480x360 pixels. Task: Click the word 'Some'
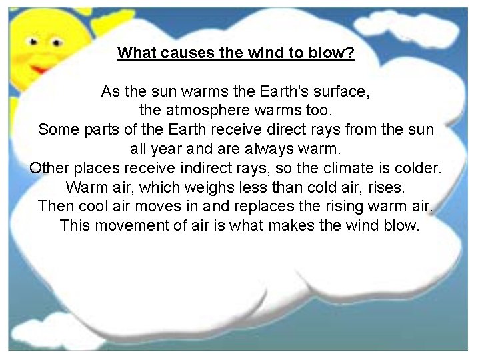pyautogui.click(x=58, y=129)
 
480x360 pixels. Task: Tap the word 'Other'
pyautogui.click(x=50, y=167)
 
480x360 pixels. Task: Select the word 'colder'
pyautogui.click(x=417, y=167)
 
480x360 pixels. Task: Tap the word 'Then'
pyautogui.click(x=56, y=205)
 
